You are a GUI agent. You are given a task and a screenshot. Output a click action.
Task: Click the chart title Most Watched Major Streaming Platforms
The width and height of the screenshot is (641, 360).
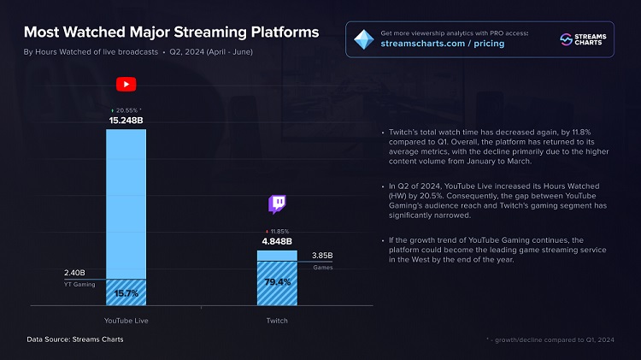(x=171, y=32)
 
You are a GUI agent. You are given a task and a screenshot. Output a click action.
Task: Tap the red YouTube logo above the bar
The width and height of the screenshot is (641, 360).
(x=126, y=84)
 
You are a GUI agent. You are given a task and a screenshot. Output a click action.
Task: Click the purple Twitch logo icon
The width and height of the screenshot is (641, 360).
(x=278, y=204)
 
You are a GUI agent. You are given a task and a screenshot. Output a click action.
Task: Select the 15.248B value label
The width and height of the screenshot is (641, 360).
(x=126, y=121)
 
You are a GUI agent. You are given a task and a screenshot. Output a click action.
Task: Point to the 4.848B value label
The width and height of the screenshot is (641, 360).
(x=278, y=241)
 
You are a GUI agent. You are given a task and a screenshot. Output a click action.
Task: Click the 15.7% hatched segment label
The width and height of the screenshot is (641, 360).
(x=126, y=292)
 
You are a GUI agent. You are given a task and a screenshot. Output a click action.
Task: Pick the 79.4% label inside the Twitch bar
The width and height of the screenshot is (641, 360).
(x=278, y=281)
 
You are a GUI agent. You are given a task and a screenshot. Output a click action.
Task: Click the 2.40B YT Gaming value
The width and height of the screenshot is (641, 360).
(x=76, y=274)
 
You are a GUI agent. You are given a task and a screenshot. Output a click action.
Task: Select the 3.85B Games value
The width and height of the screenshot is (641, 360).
(x=323, y=256)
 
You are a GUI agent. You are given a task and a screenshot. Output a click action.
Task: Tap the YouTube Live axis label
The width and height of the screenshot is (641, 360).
(x=126, y=320)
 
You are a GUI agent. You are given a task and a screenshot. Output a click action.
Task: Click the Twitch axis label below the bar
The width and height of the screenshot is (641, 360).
(x=278, y=320)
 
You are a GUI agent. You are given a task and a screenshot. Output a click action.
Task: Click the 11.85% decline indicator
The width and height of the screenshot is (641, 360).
(x=278, y=231)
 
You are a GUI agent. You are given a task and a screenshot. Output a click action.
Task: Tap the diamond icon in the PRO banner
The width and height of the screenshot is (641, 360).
(x=364, y=38)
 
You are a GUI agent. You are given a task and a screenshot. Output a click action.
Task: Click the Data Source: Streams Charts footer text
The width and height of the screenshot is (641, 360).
(x=75, y=339)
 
